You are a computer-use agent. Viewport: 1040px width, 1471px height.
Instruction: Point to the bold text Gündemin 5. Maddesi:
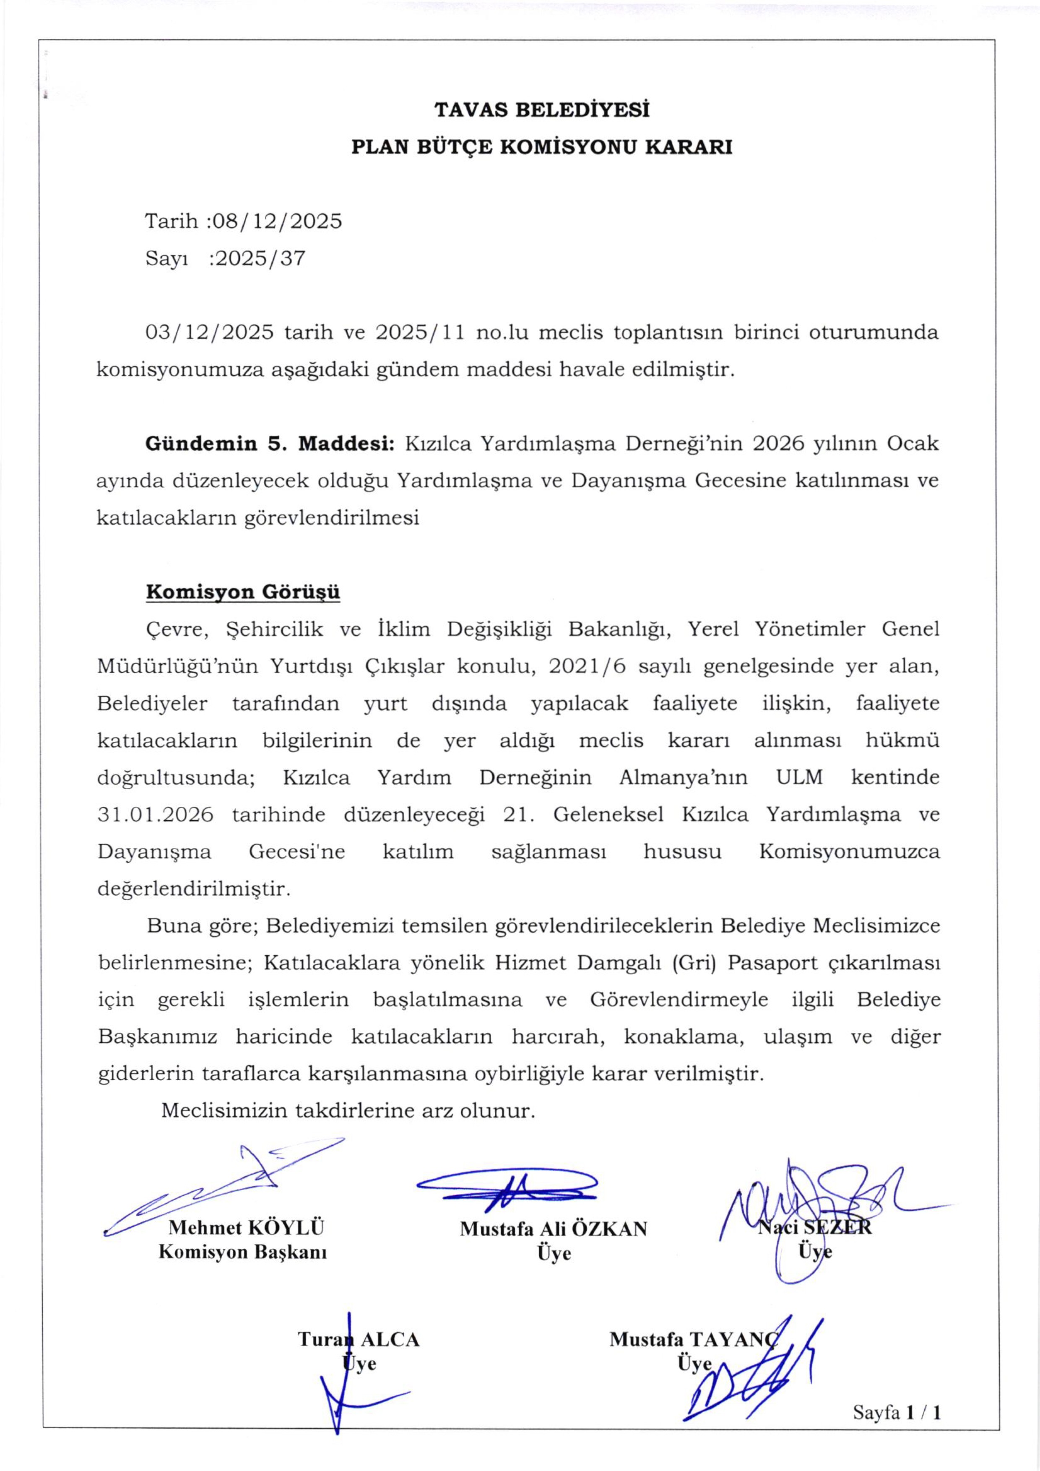pyautogui.click(x=270, y=443)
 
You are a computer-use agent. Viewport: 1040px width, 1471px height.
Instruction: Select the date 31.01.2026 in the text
pyautogui.click(x=156, y=815)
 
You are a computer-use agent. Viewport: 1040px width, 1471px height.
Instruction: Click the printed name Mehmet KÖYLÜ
pyautogui.click(x=246, y=1227)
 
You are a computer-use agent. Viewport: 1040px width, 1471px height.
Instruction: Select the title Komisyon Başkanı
pyautogui.click(x=243, y=1251)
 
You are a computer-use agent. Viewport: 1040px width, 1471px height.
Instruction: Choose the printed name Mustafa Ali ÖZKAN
pyautogui.click(x=553, y=1229)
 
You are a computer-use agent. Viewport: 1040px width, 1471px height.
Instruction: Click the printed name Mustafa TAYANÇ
pyautogui.click(x=693, y=1339)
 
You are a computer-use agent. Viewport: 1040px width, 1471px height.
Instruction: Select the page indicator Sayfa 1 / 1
pyautogui.click(x=897, y=1412)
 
